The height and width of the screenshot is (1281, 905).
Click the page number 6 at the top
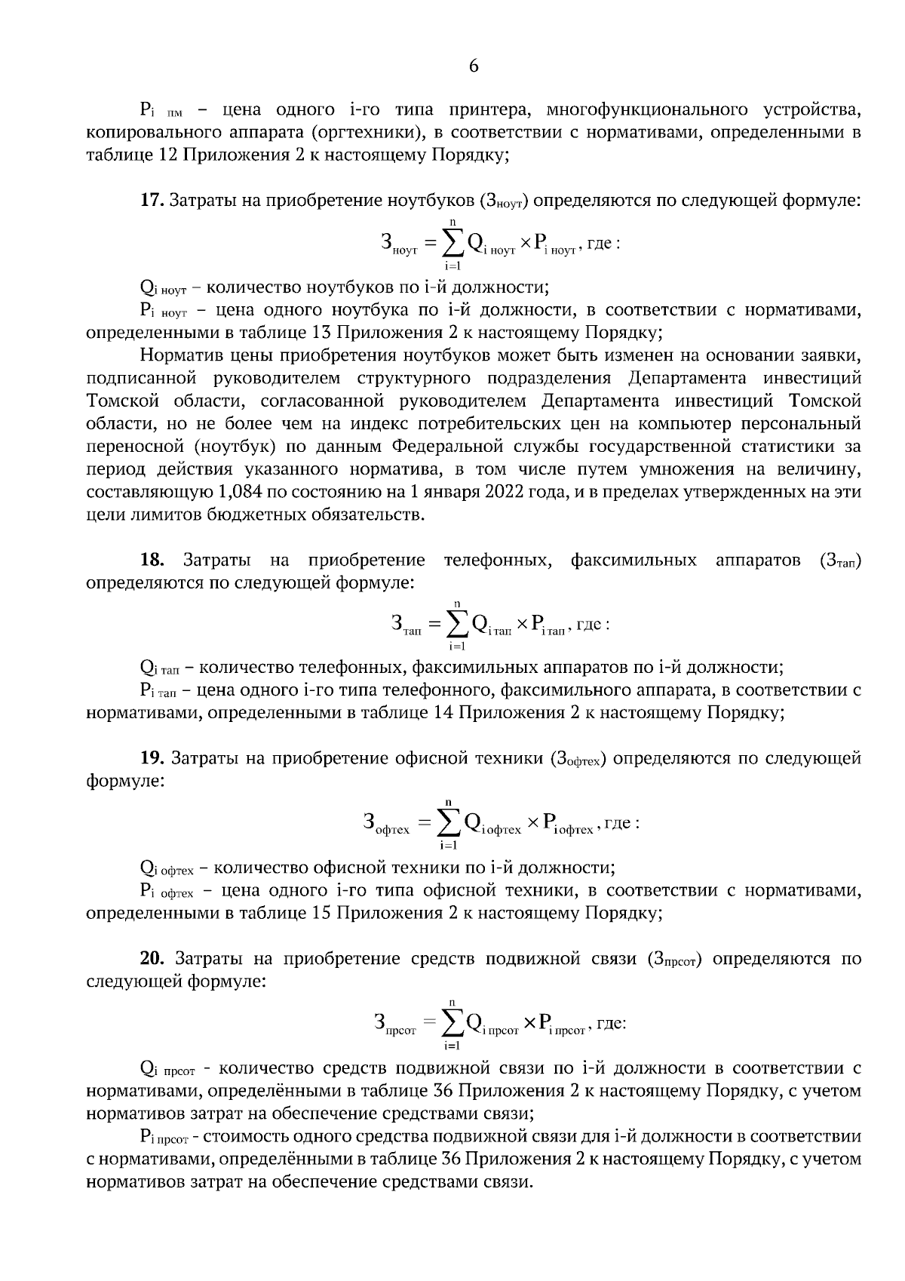[474, 66]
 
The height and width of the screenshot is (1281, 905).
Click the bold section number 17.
[151, 201]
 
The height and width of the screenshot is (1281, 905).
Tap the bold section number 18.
[152, 561]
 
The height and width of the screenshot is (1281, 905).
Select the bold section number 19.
[152, 758]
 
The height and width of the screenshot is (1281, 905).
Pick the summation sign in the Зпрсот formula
[452, 1024]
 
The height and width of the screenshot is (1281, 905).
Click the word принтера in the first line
[489, 110]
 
